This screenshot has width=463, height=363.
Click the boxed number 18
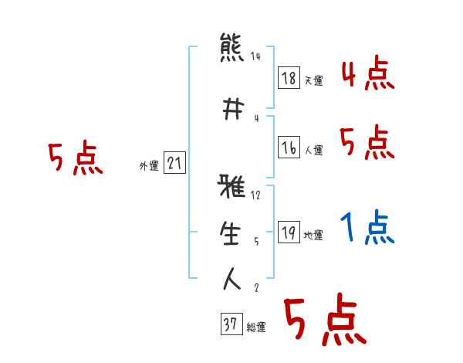tap(289, 77)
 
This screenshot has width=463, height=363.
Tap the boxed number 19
tap(289, 233)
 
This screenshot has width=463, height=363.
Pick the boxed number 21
tap(174, 162)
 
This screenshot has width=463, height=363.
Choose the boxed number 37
tap(231, 325)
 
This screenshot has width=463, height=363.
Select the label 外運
tap(149, 165)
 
